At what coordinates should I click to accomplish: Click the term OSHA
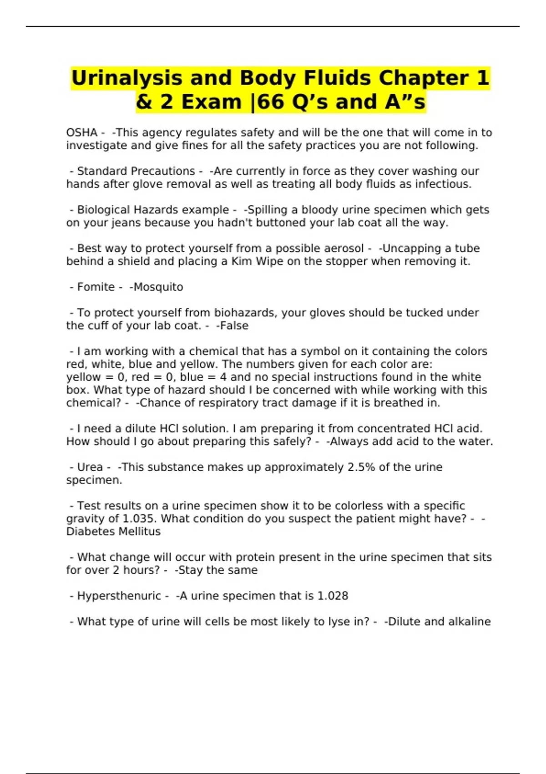pyautogui.click(x=81, y=132)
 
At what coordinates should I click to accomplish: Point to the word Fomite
pyautogui.click(x=96, y=287)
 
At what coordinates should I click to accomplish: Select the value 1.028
pyautogui.click(x=332, y=596)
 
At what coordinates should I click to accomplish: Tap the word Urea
pyautogui.click(x=90, y=468)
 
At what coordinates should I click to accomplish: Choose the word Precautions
pyautogui.click(x=136, y=171)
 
